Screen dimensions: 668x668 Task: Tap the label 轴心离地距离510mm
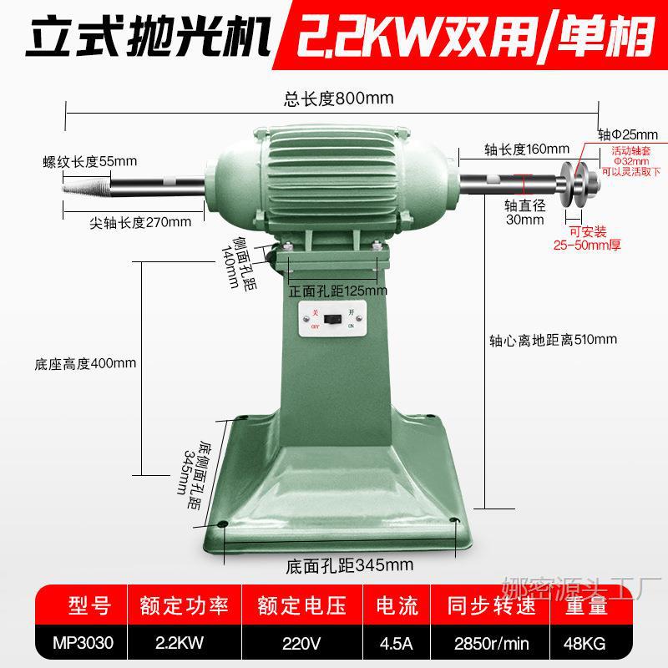pos(553,339)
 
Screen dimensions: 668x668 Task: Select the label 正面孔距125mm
pos(338,291)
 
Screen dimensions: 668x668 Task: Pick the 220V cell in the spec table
pos(302,644)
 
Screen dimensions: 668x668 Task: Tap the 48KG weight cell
pos(595,644)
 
